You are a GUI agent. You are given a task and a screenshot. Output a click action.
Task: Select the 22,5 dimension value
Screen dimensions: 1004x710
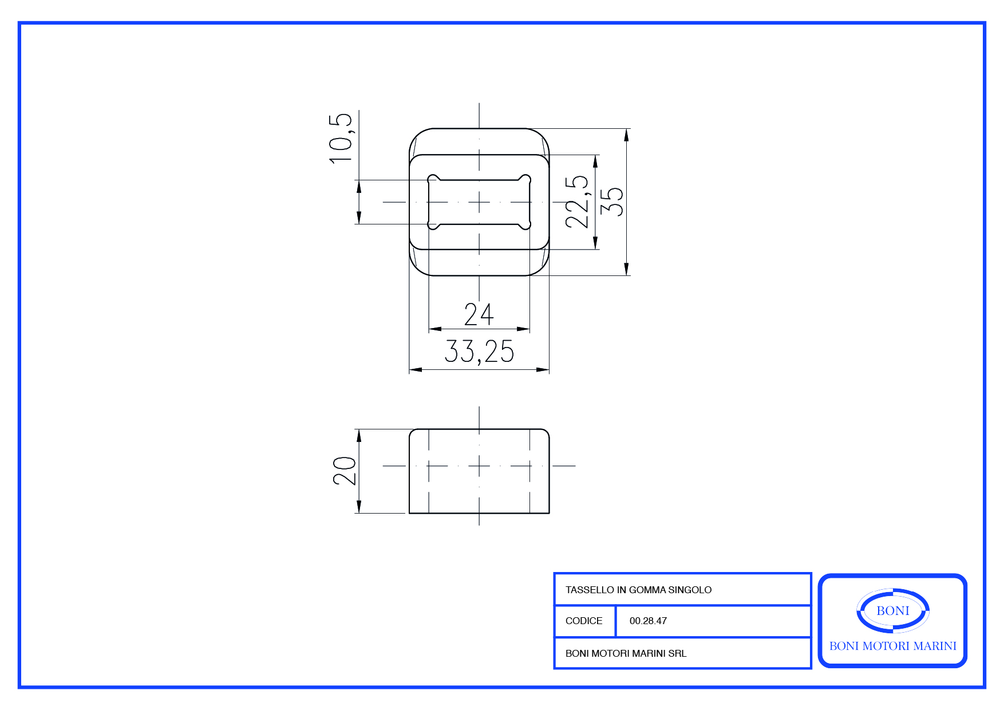click(x=576, y=202)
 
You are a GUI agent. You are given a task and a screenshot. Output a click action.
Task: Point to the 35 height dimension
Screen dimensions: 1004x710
click(x=612, y=202)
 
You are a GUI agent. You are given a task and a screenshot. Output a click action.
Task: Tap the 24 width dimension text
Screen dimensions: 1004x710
click(x=479, y=314)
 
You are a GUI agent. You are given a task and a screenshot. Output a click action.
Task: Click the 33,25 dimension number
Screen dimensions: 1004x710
click(x=479, y=352)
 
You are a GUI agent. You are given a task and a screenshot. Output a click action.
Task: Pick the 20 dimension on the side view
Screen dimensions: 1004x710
click(x=345, y=471)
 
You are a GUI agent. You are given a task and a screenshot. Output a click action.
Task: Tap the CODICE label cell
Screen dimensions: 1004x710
click(x=584, y=621)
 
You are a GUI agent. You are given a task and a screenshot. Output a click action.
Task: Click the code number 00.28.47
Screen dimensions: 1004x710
click(x=648, y=621)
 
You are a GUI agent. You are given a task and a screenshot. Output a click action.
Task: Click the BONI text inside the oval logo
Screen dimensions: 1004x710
click(x=893, y=611)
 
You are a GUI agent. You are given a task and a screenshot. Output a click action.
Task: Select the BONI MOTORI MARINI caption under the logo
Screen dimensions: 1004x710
click(x=893, y=646)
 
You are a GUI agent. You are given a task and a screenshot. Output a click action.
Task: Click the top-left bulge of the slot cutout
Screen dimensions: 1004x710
click(x=433, y=179)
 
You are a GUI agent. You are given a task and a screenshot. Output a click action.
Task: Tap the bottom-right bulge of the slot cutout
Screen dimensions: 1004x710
click(x=525, y=224)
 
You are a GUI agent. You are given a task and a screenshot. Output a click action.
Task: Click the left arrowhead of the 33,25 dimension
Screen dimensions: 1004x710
click(x=416, y=370)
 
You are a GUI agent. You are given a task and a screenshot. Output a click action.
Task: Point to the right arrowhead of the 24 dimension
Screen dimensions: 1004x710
click(x=523, y=329)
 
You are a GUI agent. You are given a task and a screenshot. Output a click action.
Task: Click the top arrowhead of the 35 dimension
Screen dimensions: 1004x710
click(x=627, y=135)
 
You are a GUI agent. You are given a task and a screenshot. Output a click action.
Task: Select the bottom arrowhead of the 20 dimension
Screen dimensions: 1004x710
click(x=359, y=507)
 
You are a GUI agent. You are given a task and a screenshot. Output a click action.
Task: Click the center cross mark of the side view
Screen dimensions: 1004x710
click(x=479, y=466)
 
